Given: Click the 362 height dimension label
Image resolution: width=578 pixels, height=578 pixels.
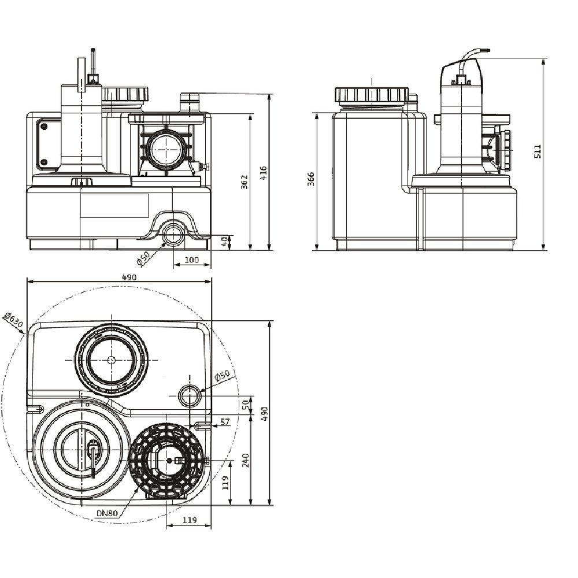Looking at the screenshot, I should tap(244, 182).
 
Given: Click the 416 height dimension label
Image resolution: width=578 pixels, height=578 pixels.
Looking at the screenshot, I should tap(264, 172).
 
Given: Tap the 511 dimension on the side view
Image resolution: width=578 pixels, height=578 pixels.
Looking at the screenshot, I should tap(538, 151).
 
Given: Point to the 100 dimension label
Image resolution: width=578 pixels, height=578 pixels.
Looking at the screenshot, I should tap(192, 260).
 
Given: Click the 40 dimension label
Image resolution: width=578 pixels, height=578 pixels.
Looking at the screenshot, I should tap(225, 241).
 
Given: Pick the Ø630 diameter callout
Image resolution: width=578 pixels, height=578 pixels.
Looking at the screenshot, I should tap(13, 320).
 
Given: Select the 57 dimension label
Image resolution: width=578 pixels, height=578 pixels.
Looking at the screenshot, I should tap(225, 423).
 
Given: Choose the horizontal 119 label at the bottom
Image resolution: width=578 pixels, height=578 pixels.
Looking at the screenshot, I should tap(190, 520).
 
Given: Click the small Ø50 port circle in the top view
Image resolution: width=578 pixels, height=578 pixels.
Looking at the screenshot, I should tap(190, 396).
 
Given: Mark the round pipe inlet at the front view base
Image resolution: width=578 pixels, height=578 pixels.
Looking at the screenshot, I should tap(172, 235).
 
